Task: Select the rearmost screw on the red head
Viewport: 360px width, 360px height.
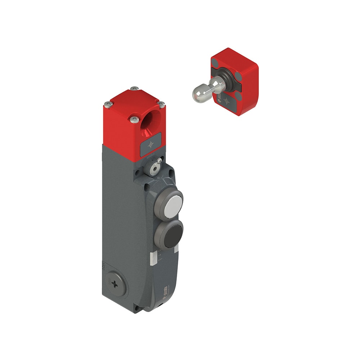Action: (134, 88)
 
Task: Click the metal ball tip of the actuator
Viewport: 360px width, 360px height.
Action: (199, 93)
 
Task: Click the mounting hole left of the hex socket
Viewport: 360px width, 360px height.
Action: (138, 172)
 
